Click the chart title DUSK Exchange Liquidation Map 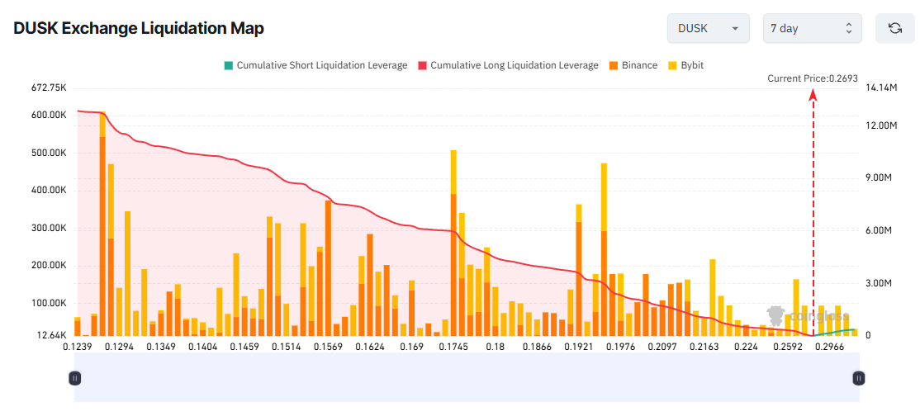[139, 28]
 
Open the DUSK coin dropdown [708, 28]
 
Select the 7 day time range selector [812, 28]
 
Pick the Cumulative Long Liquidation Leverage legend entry [508, 65]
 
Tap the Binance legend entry [633, 65]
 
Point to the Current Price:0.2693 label [812, 78]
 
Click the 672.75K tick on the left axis [47, 87]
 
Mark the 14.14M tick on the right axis [880, 87]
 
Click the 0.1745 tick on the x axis [453, 347]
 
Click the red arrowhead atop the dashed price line [813, 94]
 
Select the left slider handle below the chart [74, 378]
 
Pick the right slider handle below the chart [859, 378]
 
